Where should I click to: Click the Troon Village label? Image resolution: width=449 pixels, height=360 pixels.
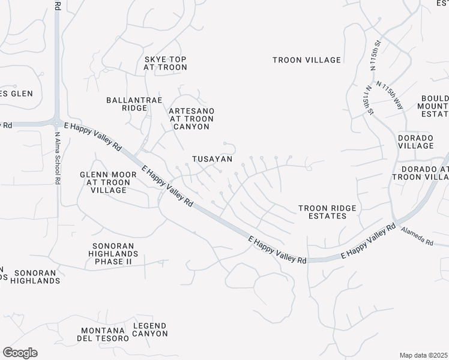click(306, 60)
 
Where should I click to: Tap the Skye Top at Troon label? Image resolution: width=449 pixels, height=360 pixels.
click(165, 63)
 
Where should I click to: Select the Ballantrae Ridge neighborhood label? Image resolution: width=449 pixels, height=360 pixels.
click(134, 104)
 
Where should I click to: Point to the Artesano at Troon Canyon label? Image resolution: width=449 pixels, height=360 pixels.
click(191, 119)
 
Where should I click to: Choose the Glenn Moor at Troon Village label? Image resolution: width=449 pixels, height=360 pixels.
click(104, 182)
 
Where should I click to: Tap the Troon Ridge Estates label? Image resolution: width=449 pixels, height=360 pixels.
click(328, 212)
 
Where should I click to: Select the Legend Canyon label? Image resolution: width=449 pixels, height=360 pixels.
click(150, 329)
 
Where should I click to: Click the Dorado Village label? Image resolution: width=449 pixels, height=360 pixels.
click(415, 142)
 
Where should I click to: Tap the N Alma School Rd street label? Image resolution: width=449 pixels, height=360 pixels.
click(58, 157)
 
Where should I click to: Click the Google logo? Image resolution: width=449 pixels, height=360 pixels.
click(20, 352)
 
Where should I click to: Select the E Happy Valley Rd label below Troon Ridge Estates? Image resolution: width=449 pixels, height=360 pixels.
click(277, 249)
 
